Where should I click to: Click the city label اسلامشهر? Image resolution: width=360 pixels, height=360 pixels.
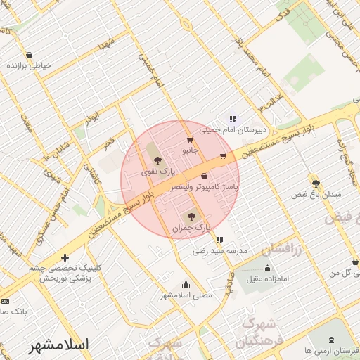click(60, 345)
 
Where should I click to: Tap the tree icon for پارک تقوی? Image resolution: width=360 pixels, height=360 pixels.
click(157, 161)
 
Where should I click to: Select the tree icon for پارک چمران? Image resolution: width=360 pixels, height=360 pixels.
click(191, 216)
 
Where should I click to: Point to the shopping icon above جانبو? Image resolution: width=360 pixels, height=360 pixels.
click(189, 140)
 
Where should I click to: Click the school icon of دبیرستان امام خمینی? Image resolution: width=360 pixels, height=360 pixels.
click(232, 119)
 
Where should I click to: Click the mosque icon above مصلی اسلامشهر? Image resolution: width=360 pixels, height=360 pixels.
click(186, 284)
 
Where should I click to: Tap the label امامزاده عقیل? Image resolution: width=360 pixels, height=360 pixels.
click(263, 280)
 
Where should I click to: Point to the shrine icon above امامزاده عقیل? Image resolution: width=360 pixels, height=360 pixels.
click(266, 268)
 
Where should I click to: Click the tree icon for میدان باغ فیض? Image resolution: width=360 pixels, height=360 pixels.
click(316, 183)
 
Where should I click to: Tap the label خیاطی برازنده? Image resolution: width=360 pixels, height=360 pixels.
click(29, 65)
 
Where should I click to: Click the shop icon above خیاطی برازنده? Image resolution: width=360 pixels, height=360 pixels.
click(29, 54)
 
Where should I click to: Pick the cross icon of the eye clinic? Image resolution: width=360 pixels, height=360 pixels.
click(65, 257)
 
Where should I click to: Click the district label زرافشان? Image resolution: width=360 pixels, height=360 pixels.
click(281, 248)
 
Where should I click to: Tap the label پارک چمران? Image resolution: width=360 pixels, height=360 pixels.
click(191, 228)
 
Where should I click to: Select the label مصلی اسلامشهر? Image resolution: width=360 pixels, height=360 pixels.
click(186, 296)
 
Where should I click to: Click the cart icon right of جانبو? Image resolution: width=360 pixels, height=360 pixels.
click(223, 156)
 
